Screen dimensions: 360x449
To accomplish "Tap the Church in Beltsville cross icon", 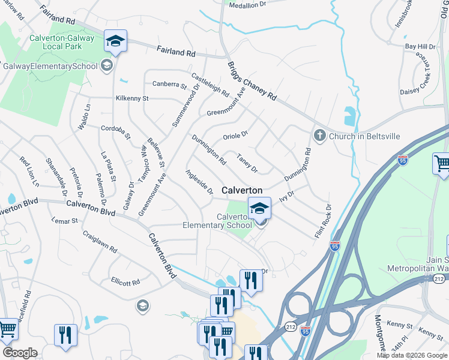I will coord(318,136).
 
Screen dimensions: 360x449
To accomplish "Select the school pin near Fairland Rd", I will coord(115,41).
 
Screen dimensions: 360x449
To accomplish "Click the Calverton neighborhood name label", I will coord(242,190).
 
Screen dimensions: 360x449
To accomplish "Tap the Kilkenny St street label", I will coord(132,98).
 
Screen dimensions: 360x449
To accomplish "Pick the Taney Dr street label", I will coord(247,161).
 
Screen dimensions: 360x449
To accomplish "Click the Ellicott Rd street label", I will coord(125,281).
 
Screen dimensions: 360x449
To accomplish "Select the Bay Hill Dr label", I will coord(420,46).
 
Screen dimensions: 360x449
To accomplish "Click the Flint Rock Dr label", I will coord(323,222).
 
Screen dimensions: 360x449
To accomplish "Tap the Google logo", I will coord(20,353).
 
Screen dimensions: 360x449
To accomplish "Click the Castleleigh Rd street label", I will coord(210,85).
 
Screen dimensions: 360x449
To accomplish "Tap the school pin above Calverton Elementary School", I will coord(259,208).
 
